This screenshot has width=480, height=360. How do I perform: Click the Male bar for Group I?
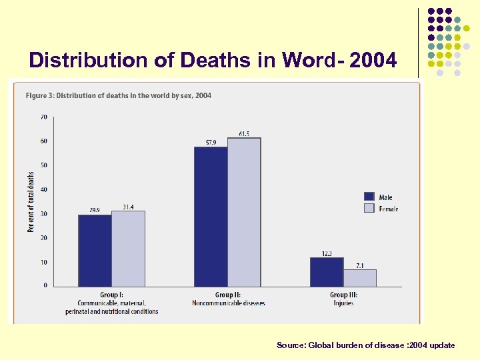95,251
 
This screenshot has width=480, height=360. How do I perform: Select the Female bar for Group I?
128,249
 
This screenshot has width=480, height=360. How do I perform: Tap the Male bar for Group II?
211,217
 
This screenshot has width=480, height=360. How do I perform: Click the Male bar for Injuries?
327,272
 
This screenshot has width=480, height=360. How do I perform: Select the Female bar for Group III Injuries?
360,278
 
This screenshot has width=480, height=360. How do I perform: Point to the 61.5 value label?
244,133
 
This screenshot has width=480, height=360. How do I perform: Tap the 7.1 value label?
360,265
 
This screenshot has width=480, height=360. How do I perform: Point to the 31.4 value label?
128,207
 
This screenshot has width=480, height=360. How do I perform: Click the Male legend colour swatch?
369,197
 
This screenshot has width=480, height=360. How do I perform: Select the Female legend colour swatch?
369,208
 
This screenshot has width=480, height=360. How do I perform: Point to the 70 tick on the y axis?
43,117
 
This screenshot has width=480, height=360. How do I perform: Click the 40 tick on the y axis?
43,189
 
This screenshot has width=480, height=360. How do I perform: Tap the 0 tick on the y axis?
45,285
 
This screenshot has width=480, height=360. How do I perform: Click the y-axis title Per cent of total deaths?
31,202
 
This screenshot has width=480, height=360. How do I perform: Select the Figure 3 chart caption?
119,95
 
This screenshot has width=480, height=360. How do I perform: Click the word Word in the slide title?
306,61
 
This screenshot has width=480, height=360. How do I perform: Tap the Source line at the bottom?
365,345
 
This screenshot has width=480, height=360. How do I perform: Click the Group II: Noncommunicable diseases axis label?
228,299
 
